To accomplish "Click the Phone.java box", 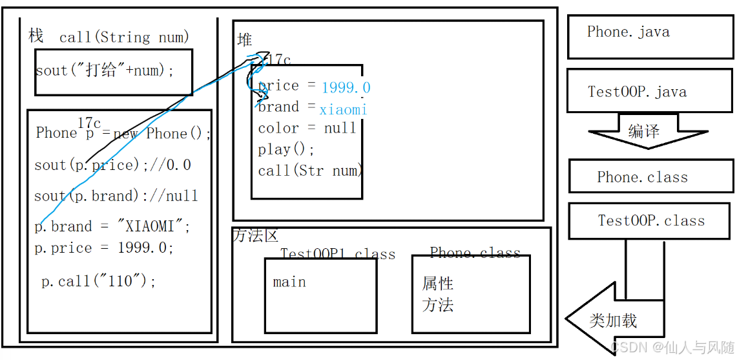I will coord(650,36).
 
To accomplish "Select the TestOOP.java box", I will coord(650,91).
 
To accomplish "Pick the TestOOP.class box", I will coord(651,220).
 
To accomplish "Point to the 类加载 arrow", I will coord(613,320).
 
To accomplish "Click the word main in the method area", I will coord(289,282).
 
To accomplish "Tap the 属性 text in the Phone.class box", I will coord(438,284).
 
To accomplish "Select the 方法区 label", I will coord(256,237).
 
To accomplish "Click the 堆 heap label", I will coord(245,40).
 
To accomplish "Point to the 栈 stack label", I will coord(36,36).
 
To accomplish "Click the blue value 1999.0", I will coord(346,87).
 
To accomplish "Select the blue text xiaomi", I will coord(343,110).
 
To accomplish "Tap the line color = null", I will coord(307,128).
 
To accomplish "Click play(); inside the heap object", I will coord(286,149).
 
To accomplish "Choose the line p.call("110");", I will coord(99,281).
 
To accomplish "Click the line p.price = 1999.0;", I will coord(104,248).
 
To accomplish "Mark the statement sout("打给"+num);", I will coord(105,70).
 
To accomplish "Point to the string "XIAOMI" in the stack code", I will coord(154,227).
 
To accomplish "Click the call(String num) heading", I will coord(125,37).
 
